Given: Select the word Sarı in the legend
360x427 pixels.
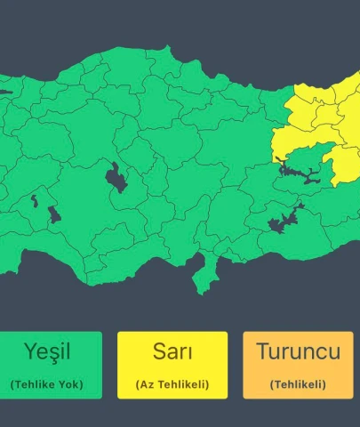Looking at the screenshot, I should pos(172,350).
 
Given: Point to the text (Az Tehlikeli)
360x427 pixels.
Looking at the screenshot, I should pos(172,384).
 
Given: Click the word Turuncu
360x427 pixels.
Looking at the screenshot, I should pos(298,350).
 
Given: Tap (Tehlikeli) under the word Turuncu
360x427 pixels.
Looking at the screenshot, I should pos(298,384).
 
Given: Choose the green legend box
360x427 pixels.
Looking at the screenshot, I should pos(52,365).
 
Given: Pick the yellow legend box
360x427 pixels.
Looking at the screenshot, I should pos(172,365).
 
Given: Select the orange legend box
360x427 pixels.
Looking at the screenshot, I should pos(298,365).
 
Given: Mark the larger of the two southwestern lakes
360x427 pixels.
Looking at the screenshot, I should pos(53,214).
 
